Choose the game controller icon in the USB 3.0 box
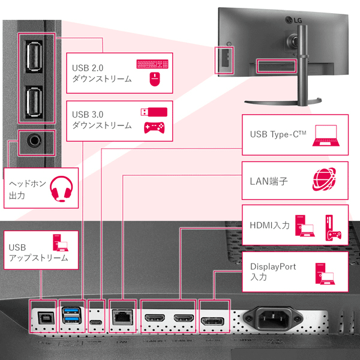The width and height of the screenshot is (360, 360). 154,127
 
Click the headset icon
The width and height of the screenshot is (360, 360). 62,188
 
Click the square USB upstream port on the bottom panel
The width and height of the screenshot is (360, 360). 44,316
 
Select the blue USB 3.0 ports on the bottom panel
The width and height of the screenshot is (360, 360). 70,316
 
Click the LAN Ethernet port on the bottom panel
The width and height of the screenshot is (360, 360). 122,316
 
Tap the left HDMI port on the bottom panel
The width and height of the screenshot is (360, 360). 155,317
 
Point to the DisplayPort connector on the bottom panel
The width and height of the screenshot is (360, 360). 212,317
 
